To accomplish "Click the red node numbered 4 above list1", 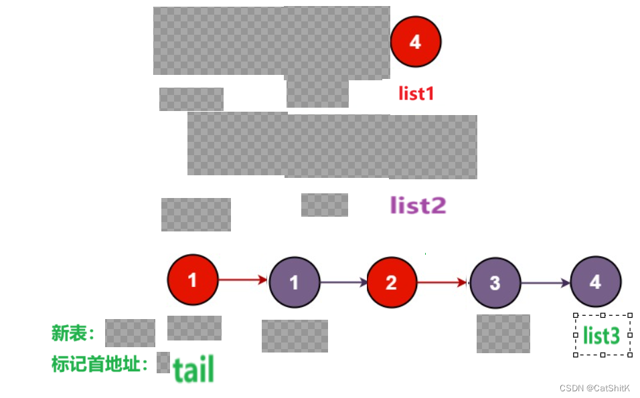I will click(x=416, y=41).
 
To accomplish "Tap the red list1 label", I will click(x=416, y=94).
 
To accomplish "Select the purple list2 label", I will click(x=418, y=205).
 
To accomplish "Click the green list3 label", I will click(x=601, y=335).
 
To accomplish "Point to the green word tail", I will click(x=193, y=369).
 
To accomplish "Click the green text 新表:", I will click(x=74, y=333).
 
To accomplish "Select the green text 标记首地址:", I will click(x=100, y=365).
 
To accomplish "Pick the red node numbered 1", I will click(x=193, y=280).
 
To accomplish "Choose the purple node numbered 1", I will click(x=295, y=282).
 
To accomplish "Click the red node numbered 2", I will click(x=392, y=282).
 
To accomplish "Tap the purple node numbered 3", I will click(x=495, y=282).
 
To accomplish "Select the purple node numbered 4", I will click(x=596, y=282).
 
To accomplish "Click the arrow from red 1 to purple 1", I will click(x=244, y=280).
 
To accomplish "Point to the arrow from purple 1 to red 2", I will click(x=344, y=282).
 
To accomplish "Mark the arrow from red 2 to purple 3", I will click(x=443, y=282).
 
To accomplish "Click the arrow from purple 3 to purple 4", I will click(x=546, y=283).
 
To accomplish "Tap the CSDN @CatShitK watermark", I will click(x=594, y=389).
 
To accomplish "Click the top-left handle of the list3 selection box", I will click(x=576, y=315).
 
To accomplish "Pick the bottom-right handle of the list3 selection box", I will click(x=630, y=355).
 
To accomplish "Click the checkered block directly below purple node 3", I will click(x=503, y=333).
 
